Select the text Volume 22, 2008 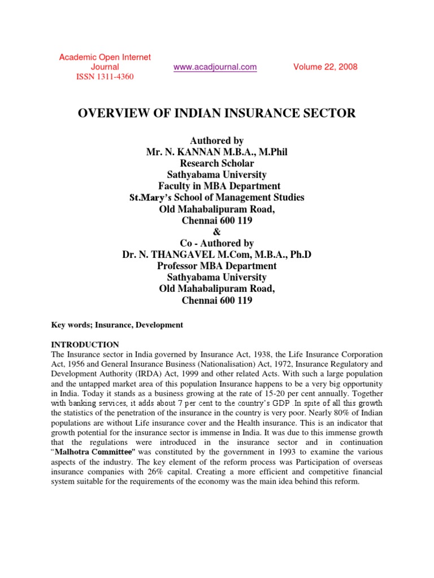coord(325,67)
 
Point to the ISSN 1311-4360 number coord(105,77)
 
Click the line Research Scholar coord(216,163)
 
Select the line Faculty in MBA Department coord(216,186)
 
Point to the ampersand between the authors coord(216,231)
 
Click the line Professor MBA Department coord(216,266)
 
